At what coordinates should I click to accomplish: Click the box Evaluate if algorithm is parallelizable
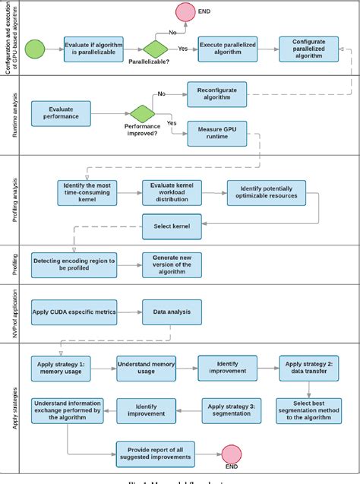pos(93,49)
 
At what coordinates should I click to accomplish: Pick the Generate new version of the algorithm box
pos(173,265)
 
